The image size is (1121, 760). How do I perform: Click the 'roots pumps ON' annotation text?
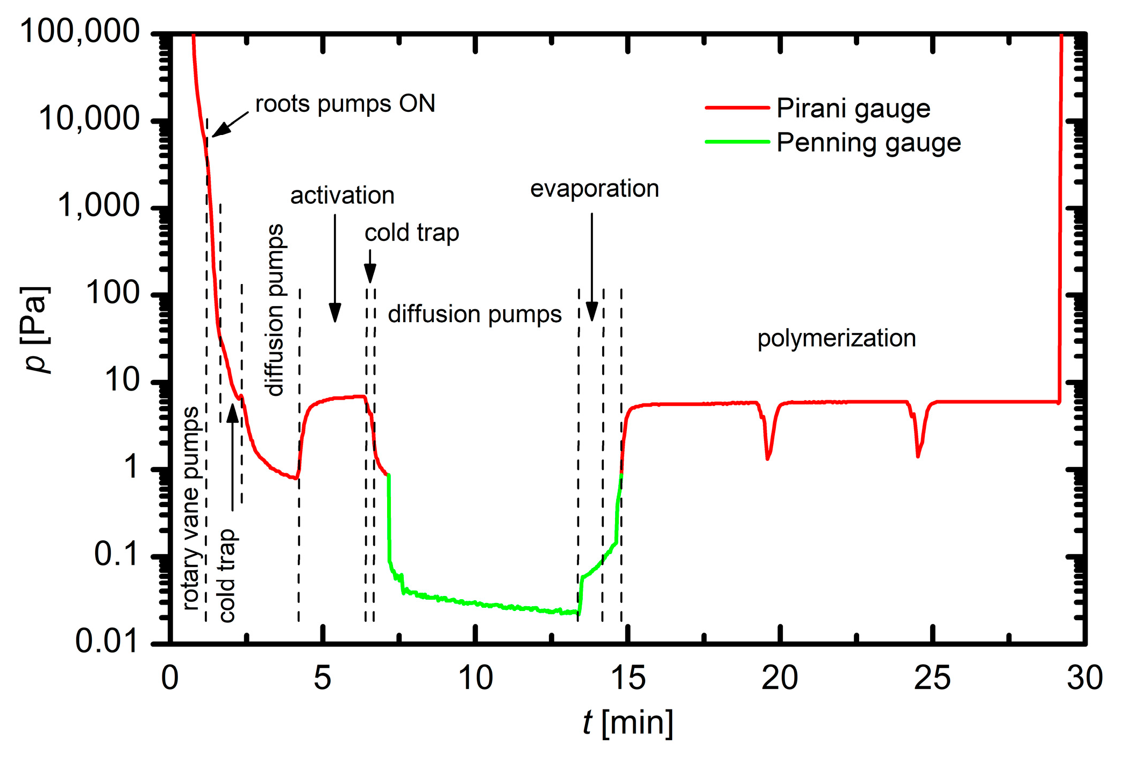pyautogui.click(x=345, y=103)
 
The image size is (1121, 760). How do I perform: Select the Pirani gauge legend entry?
pyautogui.click(x=853, y=109)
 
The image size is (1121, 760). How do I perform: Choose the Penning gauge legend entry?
pyautogui.click(x=868, y=143)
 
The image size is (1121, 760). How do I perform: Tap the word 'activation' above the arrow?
pyautogui.click(x=342, y=195)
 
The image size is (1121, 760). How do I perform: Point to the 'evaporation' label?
pyautogui.click(x=594, y=188)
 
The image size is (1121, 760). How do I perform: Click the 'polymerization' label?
pyautogui.click(x=836, y=338)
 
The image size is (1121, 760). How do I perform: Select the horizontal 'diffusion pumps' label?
pyautogui.click(x=474, y=314)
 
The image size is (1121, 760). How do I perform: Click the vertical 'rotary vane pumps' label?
pyautogui.click(x=191, y=508)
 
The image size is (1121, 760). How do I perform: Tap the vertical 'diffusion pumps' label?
pyautogui.click(x=275, y=310)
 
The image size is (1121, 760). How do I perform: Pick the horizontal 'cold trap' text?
pyautogui.click(x=411, y=233)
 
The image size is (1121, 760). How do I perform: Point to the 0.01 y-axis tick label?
pyautogui.click(x=106, y=641)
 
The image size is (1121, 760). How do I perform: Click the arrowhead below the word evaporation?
pyautogui.click(x=592, y=312)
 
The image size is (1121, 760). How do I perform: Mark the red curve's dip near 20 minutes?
pyautogui.click(x=768, y=457)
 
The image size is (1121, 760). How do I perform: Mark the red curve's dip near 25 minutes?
pyautogui.click(x=918, y=455)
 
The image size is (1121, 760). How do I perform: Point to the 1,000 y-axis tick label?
pyautogui.click(x=98, y=205)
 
